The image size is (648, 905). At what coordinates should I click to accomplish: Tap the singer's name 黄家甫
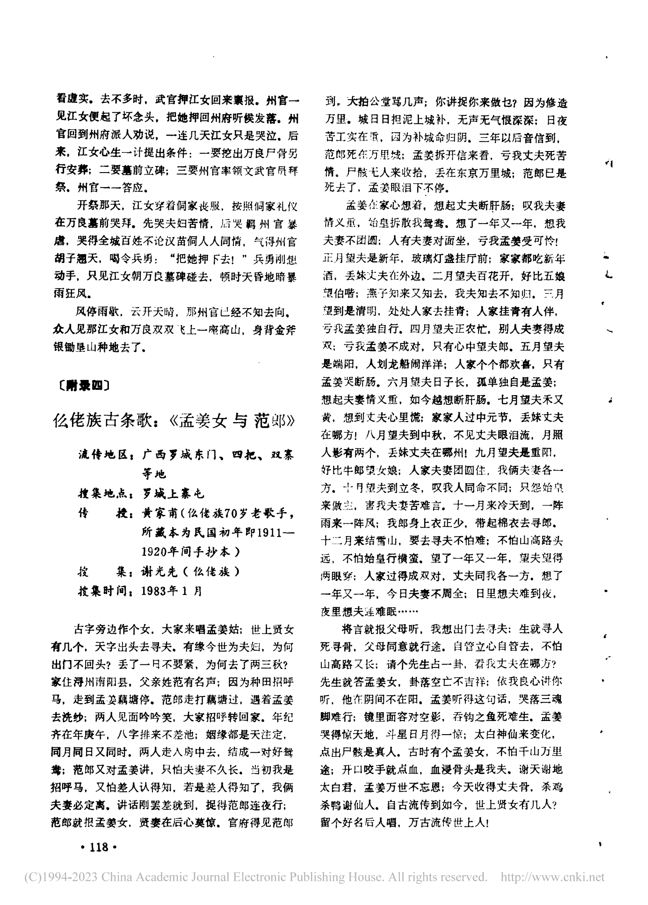(x=160, y=513)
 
